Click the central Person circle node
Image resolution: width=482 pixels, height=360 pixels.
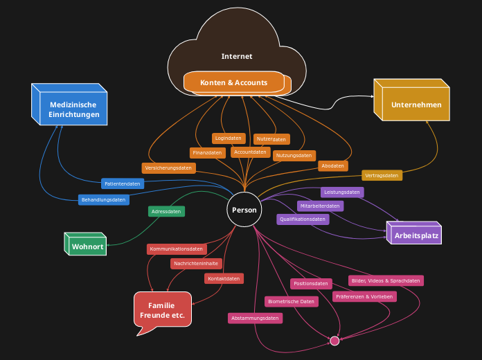pyautogui.click(x=244, y=210)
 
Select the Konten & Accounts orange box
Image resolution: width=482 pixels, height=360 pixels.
pyautogui.click(x=234, y=82)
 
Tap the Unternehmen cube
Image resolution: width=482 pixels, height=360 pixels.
pyautogui.click(x=411, y=105)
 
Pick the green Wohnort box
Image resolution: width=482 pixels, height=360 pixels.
pyautogui.click(x=86, y=246)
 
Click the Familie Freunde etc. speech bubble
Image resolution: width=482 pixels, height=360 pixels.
pyautogui.click(x=162, y=309)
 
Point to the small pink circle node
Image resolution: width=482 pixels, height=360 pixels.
pyautogui.click(x=334, y=341)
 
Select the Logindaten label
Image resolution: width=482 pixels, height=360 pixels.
pyautogui.click(x=228, y=138)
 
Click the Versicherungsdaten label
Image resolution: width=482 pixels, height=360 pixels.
pyautogui.click(x=168, y=168)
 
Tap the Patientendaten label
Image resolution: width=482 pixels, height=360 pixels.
pyautogui.click(x=123, y=183)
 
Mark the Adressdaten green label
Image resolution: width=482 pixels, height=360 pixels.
pyautogui.click(x=166, y=211)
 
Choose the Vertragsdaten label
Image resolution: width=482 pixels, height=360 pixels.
pyautogui.click(x=382, y=175)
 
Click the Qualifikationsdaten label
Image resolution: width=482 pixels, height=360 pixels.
pyautogui.click(x=303, y=219)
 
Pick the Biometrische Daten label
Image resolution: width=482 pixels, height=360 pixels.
pyautogui.click(x=292, y=301)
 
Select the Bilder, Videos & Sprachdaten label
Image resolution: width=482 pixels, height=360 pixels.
pyautogui.click(x=386, y=280)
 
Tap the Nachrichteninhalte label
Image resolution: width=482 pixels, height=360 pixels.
pyautogui.click(x=196, y=263)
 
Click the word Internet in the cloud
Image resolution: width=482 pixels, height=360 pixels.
pyautogui.click(x=237, y=56)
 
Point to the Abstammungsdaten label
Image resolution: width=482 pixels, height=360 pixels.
pyautogui.click(x=255, y=318)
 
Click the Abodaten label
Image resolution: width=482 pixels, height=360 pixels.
pyautogui.click(x=333, y=165)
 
